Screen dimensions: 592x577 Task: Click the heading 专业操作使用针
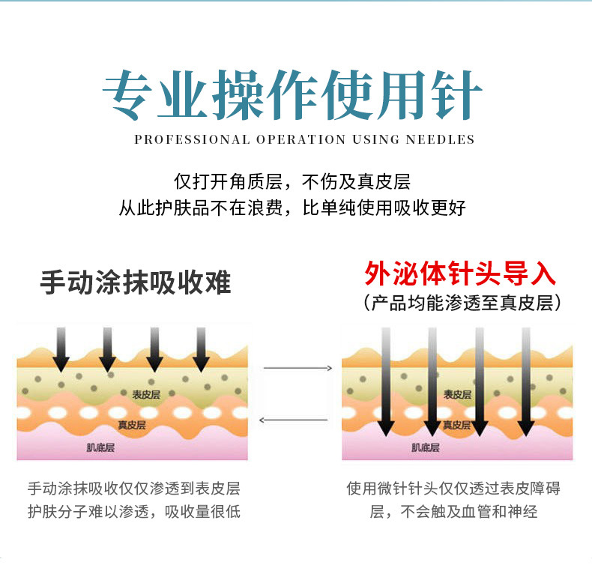coord(292,96)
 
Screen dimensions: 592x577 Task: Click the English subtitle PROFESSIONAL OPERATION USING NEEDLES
coord(304,139)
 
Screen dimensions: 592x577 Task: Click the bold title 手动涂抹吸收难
coord(136,283)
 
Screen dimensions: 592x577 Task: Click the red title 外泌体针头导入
coord(461,274)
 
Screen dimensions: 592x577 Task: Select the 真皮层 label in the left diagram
coord(131,425)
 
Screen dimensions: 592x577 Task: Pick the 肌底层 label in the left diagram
coord(102,448)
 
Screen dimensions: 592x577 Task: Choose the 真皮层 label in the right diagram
coord(456,425)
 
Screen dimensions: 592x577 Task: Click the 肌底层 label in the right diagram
coord(425,448)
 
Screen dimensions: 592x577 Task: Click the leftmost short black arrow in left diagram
coord(61,349)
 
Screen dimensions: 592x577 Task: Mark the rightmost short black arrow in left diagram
coord(201,349)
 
